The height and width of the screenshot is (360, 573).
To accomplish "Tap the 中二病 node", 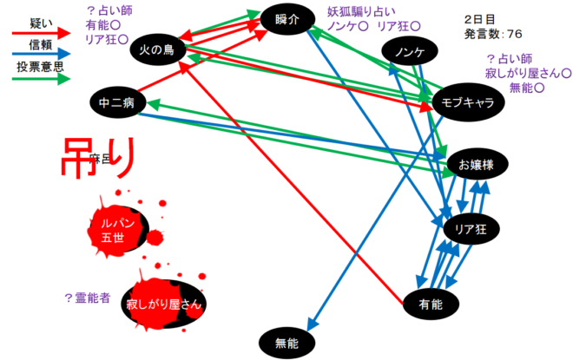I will (x=116, y=103).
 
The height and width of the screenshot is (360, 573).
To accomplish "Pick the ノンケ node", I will (x=409, y=53).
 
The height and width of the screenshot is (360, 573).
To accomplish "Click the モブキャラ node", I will (x=468, y=102).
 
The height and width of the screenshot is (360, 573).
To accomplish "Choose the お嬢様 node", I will (x=477, y=164).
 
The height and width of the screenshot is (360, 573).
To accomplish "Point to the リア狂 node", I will (x=471, y=229).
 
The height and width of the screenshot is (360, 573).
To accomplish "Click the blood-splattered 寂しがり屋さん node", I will (x=163, y=304).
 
